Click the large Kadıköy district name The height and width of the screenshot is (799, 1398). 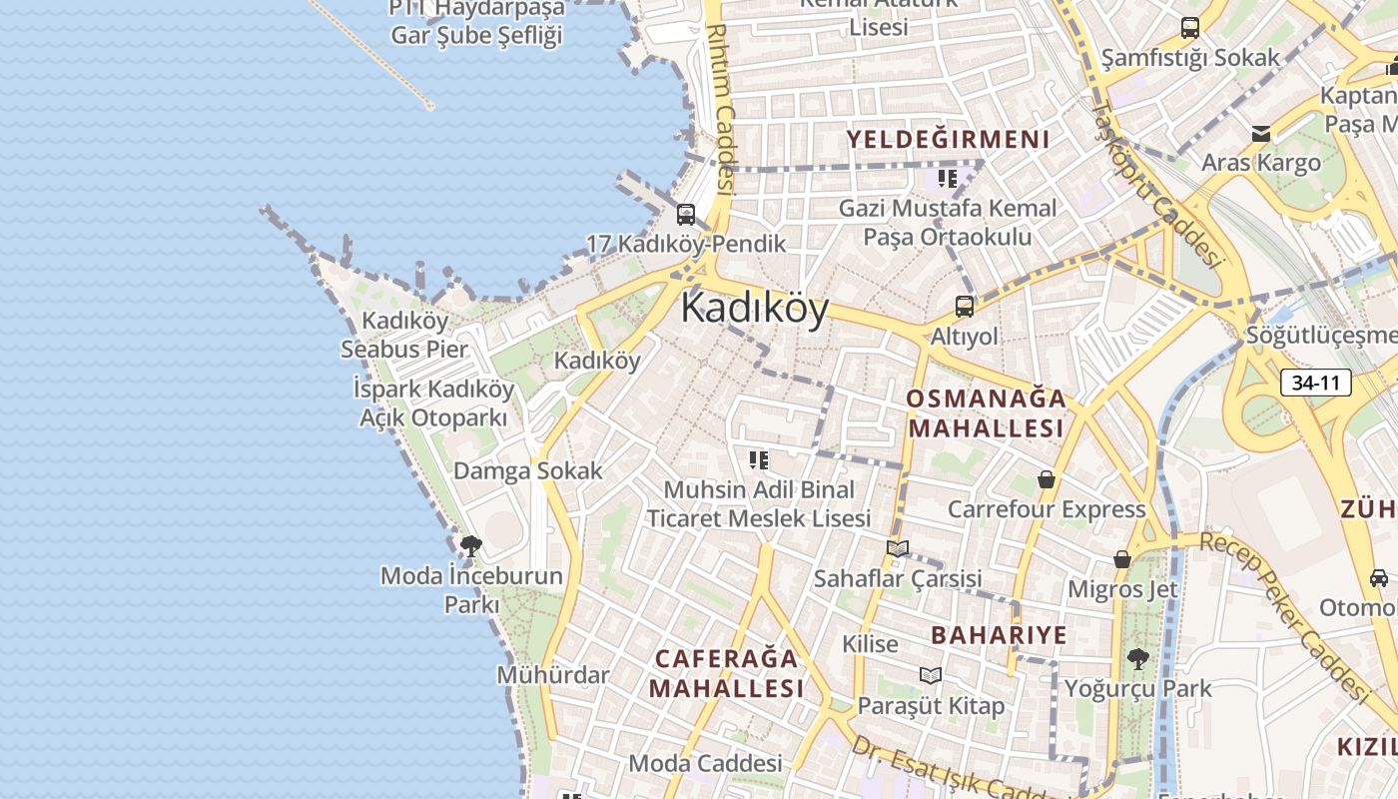[x=755, y=309]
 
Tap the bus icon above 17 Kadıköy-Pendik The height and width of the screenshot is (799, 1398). [x=686, y=214]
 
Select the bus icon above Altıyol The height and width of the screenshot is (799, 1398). [x=965, y=306]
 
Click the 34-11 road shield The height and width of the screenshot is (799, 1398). [x=1315, y=383]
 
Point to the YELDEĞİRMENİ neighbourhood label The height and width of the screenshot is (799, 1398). [x=949, y=140]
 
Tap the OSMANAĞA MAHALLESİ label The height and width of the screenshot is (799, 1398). [x=986, y=413]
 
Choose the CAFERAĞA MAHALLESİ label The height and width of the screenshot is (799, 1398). [x=726, y=673]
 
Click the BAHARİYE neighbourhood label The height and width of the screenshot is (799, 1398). [x=999, y=635]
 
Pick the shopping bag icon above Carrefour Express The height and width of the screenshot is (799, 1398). [x=1046, y=480]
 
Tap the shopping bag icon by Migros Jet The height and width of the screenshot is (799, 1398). [x=1122, y=559]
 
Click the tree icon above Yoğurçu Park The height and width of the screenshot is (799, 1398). [x=1136, y=659]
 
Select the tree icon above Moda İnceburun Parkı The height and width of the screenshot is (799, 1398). [x=470, y=545]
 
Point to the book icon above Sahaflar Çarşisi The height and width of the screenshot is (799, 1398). [x=898, y=548]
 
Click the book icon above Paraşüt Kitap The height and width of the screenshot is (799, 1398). [x=931, y=676]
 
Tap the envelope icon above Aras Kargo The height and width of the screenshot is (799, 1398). [x=1261, y=133]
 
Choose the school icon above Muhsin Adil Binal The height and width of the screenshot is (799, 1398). [x=759, y=460]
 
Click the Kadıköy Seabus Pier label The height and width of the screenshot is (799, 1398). [x=404, y=335]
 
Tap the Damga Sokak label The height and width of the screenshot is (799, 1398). [x=528, y=470]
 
